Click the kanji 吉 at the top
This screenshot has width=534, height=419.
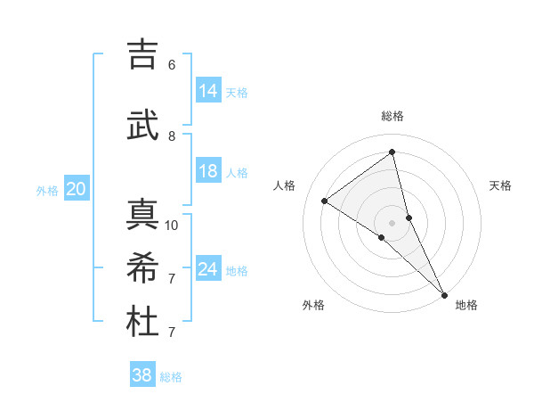coord(142,54)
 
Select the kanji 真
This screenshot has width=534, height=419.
coord(142,214)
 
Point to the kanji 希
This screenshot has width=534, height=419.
coord(142,268)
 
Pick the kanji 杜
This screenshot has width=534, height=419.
coord(142,322)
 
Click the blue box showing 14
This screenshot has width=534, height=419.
coord(208,91)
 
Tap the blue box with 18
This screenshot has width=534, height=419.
coord(208,171)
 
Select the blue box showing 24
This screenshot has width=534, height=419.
coord(208,269)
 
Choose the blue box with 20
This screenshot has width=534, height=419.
coord(77,189)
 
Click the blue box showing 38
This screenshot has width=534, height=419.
coord(142,375)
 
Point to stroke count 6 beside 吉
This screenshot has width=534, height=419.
coord(172,65)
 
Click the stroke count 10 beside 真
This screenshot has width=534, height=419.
coord(172,225)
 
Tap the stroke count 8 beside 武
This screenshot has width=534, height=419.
coord(172,136)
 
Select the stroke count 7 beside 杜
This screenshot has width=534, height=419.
coord(172,333)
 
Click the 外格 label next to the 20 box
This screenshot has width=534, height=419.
coord(47,191)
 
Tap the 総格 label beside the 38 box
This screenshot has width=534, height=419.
coord(171,377)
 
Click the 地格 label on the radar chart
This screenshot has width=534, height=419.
coord(466,305)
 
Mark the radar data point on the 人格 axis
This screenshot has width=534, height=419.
coord(325,201)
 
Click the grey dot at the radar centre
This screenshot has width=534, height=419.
coord(392,222)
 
